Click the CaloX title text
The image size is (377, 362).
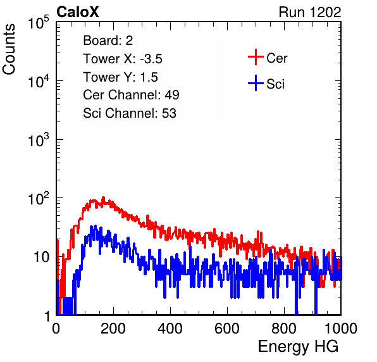(x=78, y=12)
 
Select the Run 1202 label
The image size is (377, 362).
(x=310, y=12)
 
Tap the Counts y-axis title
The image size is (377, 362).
(x=9, y=49)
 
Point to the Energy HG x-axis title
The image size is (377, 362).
(x=298, y=347)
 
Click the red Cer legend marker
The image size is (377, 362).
(x=256, y=57)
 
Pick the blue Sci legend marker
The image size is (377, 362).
(x=256, y=83)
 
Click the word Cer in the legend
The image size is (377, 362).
(x=276, y=58)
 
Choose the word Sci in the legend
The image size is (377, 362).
(x=275, y=84)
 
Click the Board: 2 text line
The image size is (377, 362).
(x=108, y=41)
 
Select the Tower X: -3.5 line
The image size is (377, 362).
(x=123, y=59)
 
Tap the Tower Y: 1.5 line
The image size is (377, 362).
(x=120, y=77)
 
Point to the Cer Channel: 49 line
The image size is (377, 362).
(x=131, y=95)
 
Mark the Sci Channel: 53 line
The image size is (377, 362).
(x=130, y=113)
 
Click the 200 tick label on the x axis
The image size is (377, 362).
(x=113, y=328)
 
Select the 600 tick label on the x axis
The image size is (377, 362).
(x=227, y=328)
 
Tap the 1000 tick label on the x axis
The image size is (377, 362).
(x=341, y=328)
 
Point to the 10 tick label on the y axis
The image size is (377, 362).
(x=41, y=257)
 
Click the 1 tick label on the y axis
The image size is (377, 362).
(x=47, y=316)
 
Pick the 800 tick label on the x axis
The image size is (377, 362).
(x=284, y=328)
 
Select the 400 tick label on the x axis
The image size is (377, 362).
(x=170, y=328)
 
